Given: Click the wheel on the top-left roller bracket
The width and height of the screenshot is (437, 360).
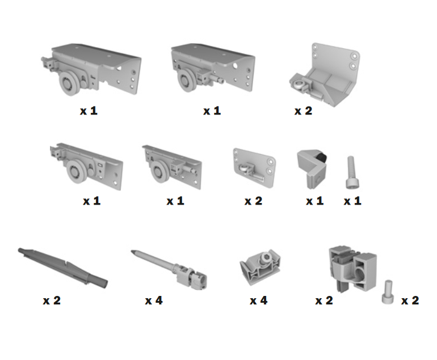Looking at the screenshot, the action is (69, 83).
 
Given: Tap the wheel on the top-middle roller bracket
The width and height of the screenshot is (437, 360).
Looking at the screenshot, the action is (186, 81).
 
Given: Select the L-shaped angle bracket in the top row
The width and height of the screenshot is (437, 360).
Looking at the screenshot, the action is (325, 75).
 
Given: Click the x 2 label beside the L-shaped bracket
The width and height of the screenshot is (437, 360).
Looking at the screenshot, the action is (303, 111).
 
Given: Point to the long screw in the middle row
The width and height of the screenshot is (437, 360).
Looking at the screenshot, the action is (352, 172).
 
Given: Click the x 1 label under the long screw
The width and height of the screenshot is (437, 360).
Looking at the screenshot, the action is (352, 201).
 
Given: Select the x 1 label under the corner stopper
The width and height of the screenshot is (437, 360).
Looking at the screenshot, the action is (314, 201).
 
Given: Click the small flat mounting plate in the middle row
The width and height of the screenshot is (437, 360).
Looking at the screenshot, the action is (254, 168).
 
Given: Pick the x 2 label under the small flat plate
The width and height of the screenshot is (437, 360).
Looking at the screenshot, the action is (253, 201).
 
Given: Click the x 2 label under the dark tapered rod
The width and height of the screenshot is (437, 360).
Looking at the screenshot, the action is (52, 300).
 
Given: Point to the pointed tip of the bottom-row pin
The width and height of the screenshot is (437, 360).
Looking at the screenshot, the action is (132, 251).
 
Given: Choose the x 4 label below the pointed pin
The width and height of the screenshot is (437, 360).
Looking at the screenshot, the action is (154, 300).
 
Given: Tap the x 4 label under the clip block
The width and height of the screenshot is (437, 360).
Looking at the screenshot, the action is (259, 300).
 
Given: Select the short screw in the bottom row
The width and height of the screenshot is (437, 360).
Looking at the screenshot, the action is (388, 292).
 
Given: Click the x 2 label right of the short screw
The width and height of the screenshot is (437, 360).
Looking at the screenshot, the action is (410, 300).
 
